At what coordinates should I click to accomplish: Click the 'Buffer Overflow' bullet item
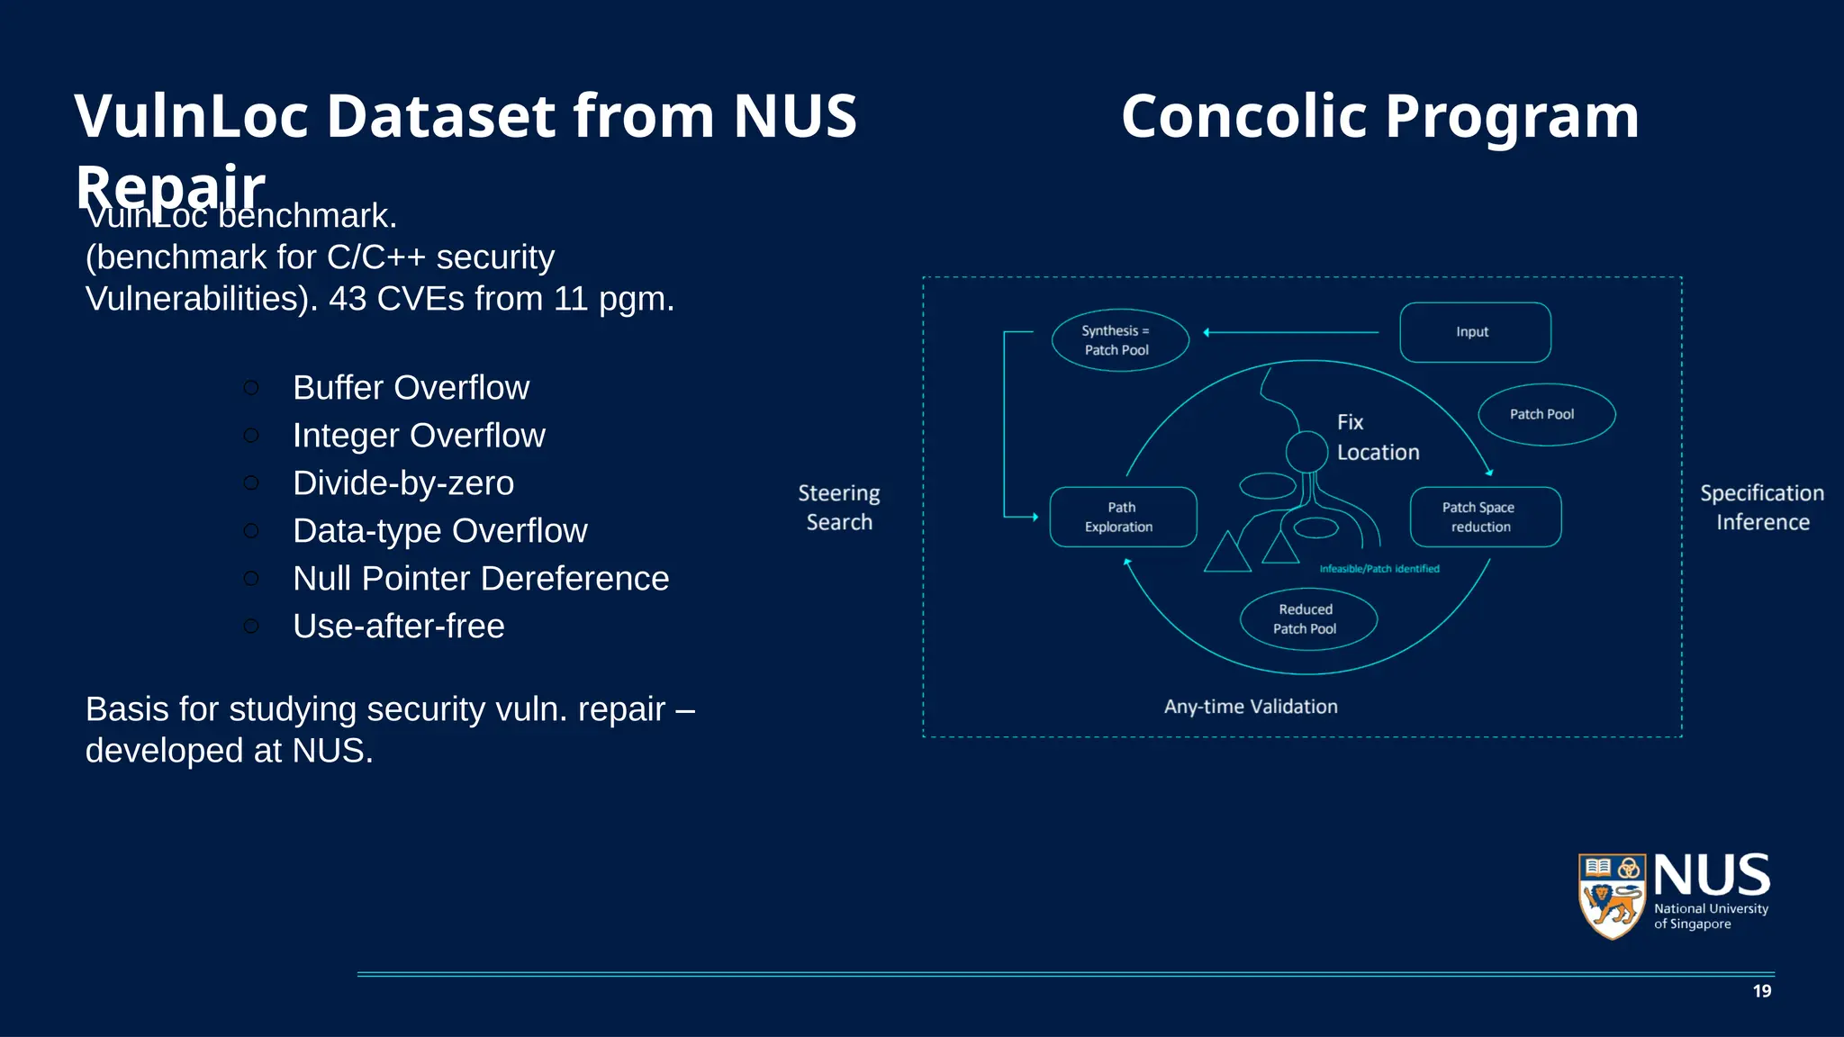[x=411, y=388]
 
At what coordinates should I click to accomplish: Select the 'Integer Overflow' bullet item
[x=419, y=436]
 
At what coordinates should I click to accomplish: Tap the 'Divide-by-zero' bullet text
[x=403, y=483]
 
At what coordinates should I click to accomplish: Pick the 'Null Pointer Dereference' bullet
[x=481, y=579]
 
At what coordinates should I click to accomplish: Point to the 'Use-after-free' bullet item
[x=398, y=627]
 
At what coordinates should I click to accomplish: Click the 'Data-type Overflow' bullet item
[x=439, y=531]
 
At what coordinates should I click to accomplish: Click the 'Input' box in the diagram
[x=1474, y=332]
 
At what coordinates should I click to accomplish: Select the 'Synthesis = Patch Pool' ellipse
[x=1119, y=340]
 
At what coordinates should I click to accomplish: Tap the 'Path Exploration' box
[x=1122, y=517]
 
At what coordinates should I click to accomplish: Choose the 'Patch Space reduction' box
[x=1484, y=517]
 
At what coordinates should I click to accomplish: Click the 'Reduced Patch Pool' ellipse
[x=1307, y=619]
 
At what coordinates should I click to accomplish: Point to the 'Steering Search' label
[x=839, y=508]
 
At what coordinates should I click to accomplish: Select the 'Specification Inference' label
[x=1762, y=508]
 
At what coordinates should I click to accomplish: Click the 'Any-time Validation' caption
[x=1251, y=707]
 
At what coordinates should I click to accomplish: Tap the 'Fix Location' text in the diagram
[x=1377, y=437]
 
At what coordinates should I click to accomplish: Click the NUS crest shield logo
[x=1612, y=896]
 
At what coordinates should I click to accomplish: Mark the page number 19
[x=1762, y=991]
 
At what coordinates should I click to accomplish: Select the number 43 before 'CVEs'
[x=348, y=299]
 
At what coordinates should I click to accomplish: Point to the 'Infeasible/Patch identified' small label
[x=1379, y=569]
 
